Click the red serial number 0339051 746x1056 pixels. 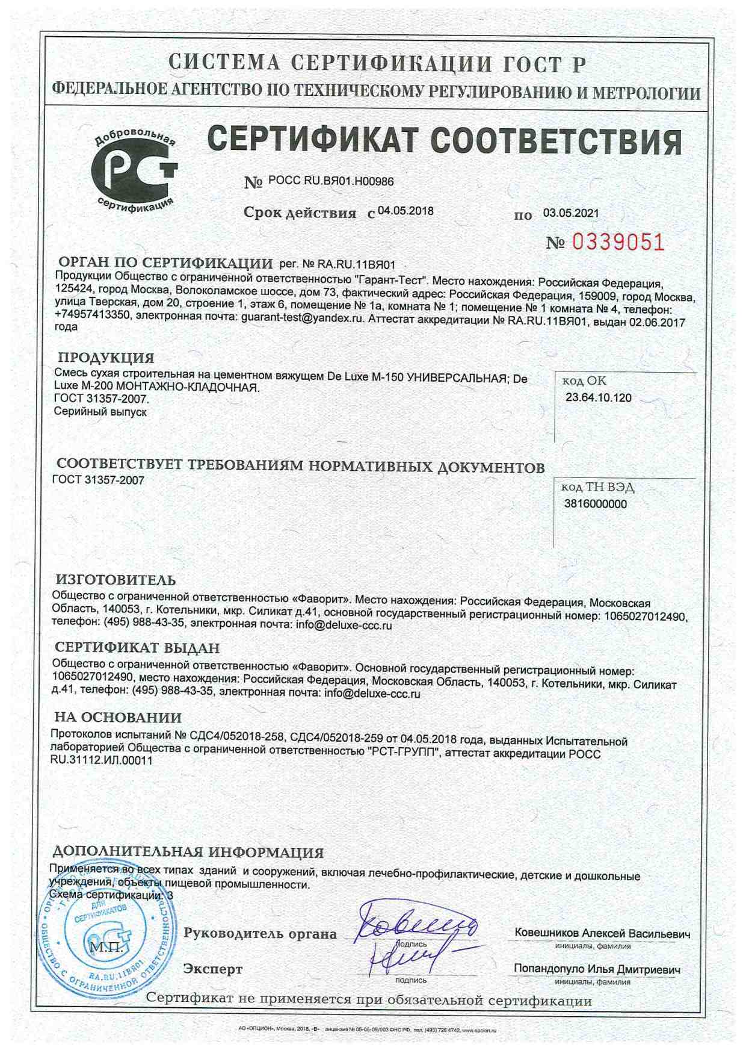pos(618,242)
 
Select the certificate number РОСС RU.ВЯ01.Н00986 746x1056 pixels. pos(331,181)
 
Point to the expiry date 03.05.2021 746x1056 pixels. pos(571,213)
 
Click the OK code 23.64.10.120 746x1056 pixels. pos(599,397)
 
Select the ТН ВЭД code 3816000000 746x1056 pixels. pos(596,504)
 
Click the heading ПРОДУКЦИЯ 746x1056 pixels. pos(106,358)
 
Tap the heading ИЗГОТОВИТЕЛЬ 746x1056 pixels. pos(116,580)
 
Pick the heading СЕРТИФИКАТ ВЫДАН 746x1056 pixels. pos(137,648)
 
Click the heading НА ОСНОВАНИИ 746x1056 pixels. pos(118,717)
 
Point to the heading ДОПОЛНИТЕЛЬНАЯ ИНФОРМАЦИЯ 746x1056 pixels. pos(188,852)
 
